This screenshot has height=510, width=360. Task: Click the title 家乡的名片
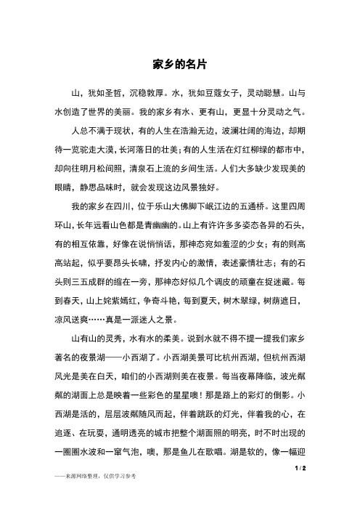[180, 64]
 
